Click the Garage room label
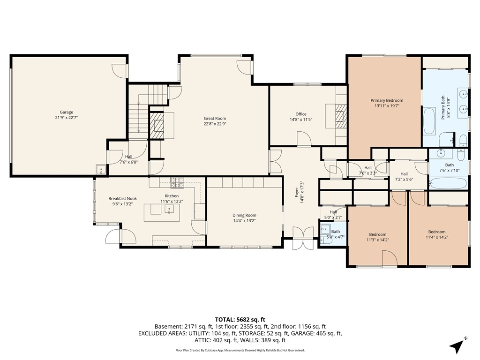[67, 112]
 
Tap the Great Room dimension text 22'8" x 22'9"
[215, 124]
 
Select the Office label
[301, 114]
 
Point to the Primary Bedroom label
[387, 100]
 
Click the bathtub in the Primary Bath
[429, 121]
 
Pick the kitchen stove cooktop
[177, 182]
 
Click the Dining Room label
[244, 215]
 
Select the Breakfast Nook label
[122, 199]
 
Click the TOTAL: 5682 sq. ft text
[240, 320]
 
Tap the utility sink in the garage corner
[101, 169]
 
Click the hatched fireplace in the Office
[341, 116]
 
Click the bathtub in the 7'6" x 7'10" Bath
[448, 183]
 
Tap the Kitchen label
[172, 196]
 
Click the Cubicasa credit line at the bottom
[240, 350]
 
